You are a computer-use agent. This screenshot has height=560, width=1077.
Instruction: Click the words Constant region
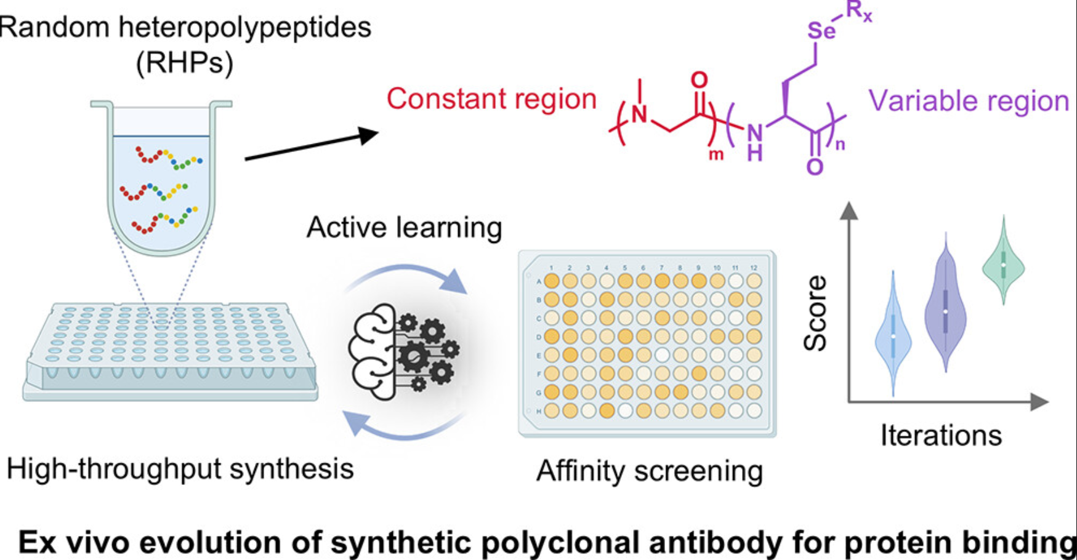tap(491, 99)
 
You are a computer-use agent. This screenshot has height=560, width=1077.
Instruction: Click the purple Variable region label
tap(968, 102)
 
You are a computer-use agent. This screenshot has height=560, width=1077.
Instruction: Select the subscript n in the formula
tap(840, 145)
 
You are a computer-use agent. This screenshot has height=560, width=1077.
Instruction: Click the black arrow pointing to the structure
tap(311, 146)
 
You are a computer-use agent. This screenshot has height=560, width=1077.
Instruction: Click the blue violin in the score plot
tap(893, 336)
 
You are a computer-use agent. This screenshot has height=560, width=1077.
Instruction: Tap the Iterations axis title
tap(941, 436)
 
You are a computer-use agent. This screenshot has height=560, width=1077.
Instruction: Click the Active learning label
tap(405, 228)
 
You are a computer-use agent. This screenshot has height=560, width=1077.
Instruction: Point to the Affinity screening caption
tap(649, 471)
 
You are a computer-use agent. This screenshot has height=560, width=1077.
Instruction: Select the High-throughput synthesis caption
tap(180, 469)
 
